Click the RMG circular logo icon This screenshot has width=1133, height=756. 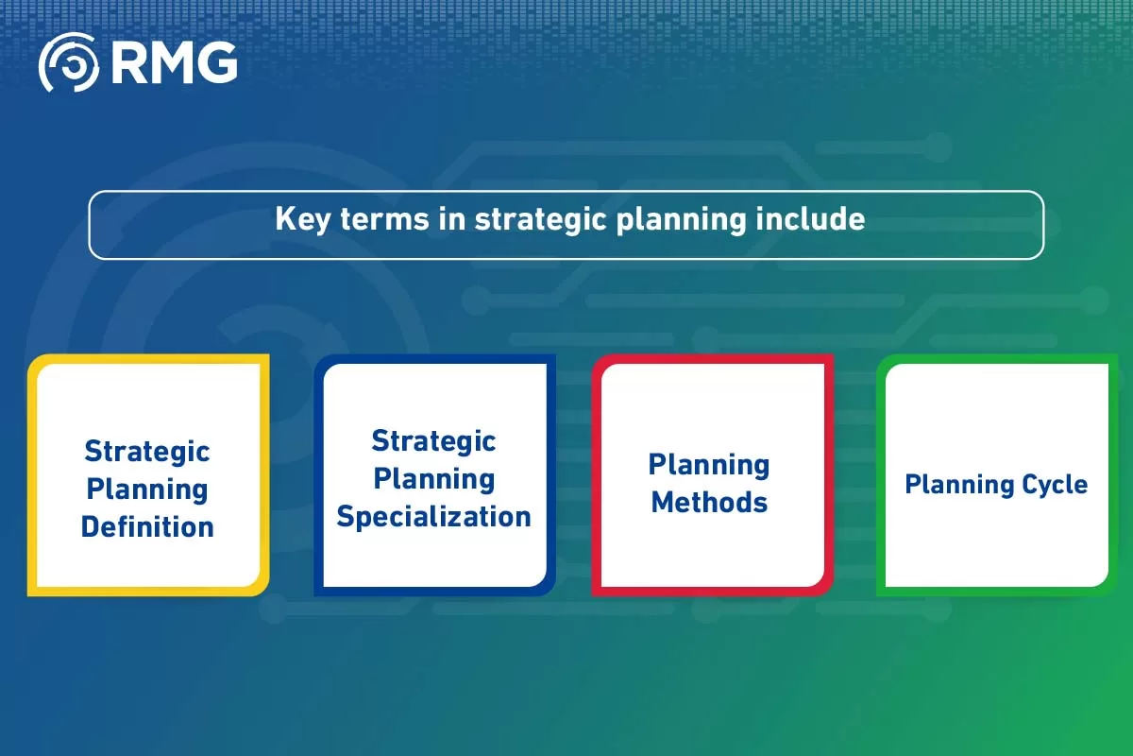coord(67,62)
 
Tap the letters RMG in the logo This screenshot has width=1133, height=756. coord(174,62)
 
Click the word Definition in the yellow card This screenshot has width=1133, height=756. coord(147,526)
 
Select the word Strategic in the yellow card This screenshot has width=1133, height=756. coord(147,451)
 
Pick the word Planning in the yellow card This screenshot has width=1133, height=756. coord(147,489)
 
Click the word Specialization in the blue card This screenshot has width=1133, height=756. coord(433,517)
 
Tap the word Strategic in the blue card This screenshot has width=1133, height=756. coord(433,441)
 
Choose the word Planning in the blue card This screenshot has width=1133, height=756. coord(433,479)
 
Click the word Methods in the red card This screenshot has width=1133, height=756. coord(709,503)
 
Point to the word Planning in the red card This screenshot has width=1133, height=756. coord(709,465)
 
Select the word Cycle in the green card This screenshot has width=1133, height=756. coord(1049,485)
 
